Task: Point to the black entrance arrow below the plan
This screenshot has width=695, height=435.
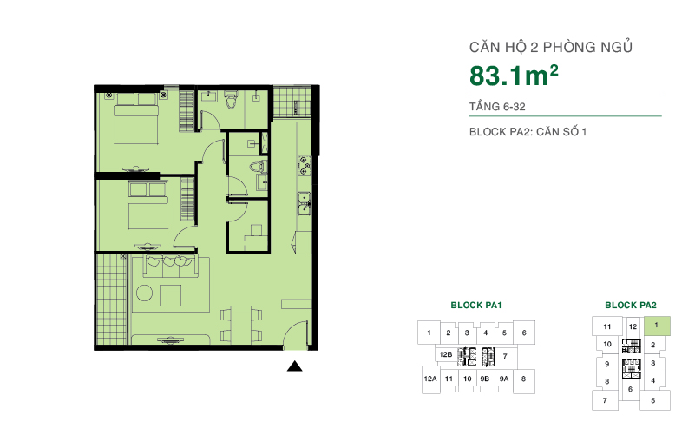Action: pyautogui.click(x=295, y=366)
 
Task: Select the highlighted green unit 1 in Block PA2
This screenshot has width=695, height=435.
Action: pyautogui.click(x=657, y=326)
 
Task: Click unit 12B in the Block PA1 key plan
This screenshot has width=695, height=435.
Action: pyautogui.click(x=445, y=355)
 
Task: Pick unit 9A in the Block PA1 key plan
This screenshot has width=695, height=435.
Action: pyautogui.click(x=504, y=379)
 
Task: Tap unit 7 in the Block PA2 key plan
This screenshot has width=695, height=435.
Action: pyautogui.click(x=604, y=400)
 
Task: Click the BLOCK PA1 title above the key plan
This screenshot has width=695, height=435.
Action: pyautogui.click(x=476, y=306)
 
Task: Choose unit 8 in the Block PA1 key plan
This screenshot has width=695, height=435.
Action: pyautogui.click(x=524, y=379)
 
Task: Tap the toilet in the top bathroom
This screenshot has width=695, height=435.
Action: pyautogui.click(x=230, y=103)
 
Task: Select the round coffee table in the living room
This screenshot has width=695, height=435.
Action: pyautogui.click(x=169, y=293)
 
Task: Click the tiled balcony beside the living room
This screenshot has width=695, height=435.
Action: pyautogui.click(x=111, y=300)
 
